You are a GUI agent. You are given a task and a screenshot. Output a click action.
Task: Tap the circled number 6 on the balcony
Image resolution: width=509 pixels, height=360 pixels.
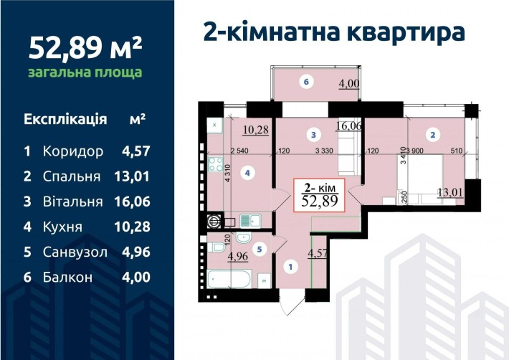[306, 82]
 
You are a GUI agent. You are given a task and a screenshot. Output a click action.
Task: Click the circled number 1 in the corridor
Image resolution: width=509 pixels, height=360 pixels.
[290, 267]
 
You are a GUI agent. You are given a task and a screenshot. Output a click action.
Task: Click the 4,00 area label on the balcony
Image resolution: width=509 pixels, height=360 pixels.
[349, 83]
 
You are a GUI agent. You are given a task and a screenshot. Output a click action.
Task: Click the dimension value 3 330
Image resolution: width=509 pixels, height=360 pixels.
[326, 151]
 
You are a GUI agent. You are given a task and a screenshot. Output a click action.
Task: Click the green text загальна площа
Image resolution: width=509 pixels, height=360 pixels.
[84, 72]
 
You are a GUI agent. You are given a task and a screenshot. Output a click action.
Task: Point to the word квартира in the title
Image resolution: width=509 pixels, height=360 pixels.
[406, 32]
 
